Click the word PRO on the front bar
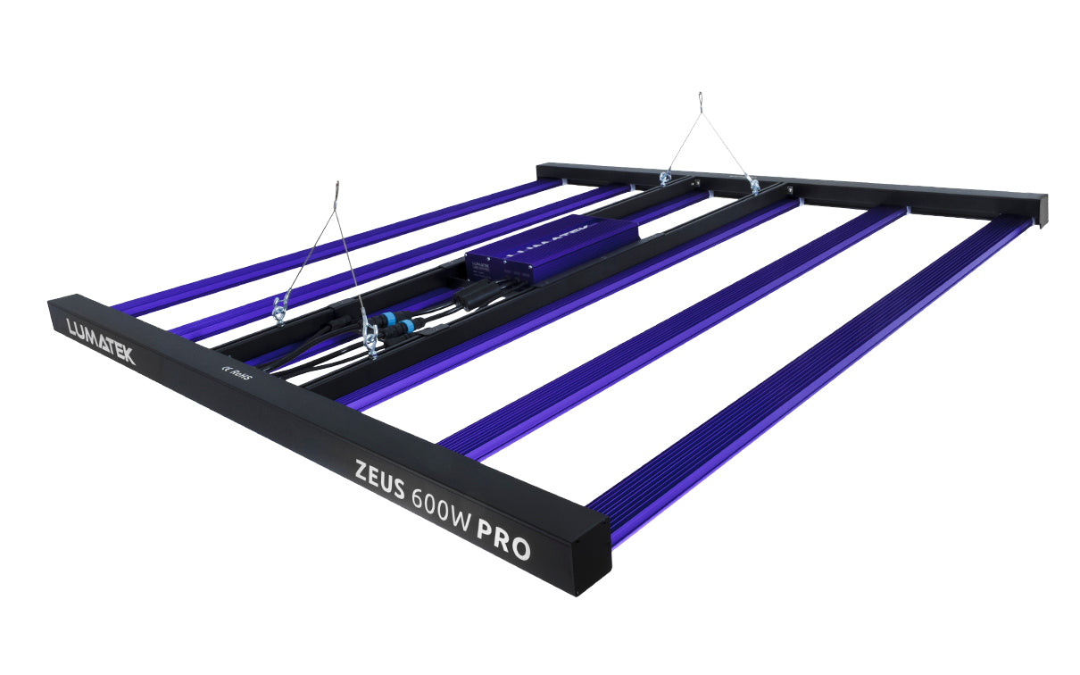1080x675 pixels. pos(503,541)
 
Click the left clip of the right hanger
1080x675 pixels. pos(664,179)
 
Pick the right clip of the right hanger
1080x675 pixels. pos(754,186)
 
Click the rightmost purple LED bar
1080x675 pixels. pos(803,375)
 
